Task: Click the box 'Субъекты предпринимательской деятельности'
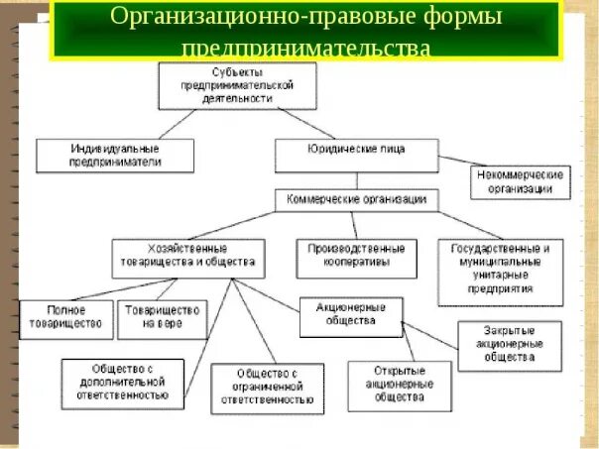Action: [x=238, y=85]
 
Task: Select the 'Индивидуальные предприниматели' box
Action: [x=115, y=156]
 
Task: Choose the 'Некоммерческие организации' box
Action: [x=520, y=181]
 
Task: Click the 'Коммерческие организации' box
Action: [x=356, y=198]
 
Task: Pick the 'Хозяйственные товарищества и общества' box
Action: [x=188, y=258]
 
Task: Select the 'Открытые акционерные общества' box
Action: [x=399, y=386]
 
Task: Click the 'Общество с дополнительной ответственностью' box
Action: [x=122, y=383]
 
